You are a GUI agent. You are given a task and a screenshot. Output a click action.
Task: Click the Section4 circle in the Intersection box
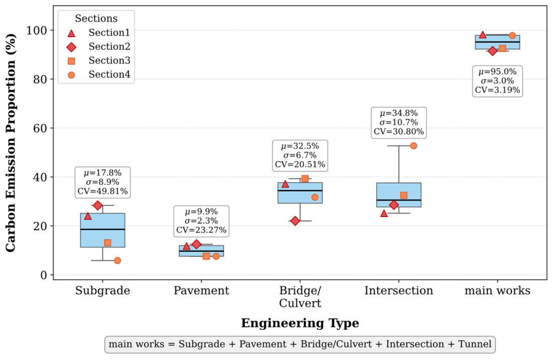pyautogui.click(x=413, y=146)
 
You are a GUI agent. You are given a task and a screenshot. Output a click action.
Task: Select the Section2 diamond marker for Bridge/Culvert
pyautogui.click(x=295, y=221)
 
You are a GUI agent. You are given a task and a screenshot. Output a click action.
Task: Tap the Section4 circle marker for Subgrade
pyautogui.click(x=117, y=260)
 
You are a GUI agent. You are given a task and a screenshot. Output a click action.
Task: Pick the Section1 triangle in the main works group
pyautogui.click(x=482, y=34)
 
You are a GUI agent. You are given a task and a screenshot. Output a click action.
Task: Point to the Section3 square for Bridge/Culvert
pyautogui.click(x=305, y=179)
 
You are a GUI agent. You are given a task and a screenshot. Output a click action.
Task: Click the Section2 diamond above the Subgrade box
pyautogui.click(x=98, y=205)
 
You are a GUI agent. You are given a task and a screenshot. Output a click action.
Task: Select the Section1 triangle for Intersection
pyautogui.click(x=384, y=213)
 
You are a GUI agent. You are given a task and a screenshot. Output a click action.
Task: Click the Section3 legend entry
pyautogui.click(x=98, y=60)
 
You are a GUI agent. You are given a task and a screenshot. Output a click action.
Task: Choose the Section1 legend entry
pyautogui.click(x=98, y=33)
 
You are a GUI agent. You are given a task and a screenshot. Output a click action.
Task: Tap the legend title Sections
pyautogui.click(x=96, y=18)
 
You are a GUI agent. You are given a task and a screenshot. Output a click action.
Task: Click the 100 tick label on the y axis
pyautogui.click(x=37, y=30)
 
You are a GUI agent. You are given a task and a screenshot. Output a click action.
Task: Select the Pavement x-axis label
pyautogui.click(x=201, y=291)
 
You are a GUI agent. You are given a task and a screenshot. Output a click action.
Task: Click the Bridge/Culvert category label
pyautogui.click(x=300, y=297)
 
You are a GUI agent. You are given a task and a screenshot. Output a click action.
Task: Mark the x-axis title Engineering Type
pyautogui.click(x=300, y=323)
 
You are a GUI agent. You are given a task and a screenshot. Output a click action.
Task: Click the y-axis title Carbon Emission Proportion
pyautogui.click(x=11, y=143)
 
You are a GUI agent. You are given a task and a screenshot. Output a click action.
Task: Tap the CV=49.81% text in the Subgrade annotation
pyautogui.click(x=103, y=191)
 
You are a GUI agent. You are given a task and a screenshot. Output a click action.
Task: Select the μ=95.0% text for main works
pyautogui.click(x=498, y=72)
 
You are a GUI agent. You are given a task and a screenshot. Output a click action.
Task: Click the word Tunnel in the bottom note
pyautogui.click(x=474, y=344)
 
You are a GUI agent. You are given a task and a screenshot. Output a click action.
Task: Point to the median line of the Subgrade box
pyautogui.click(x=103, y=230)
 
